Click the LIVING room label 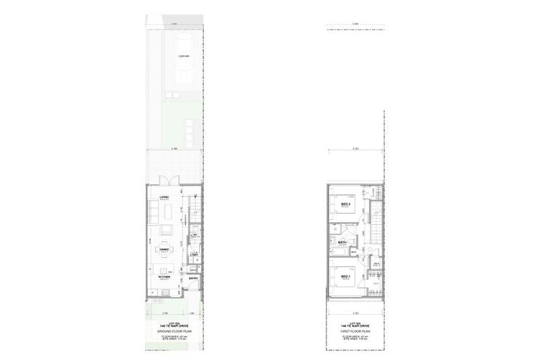pos(163,196)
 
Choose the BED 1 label pos(345,276)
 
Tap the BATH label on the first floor pos(343,243)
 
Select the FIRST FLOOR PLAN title pos(354,330)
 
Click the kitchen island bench pos(166,270)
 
